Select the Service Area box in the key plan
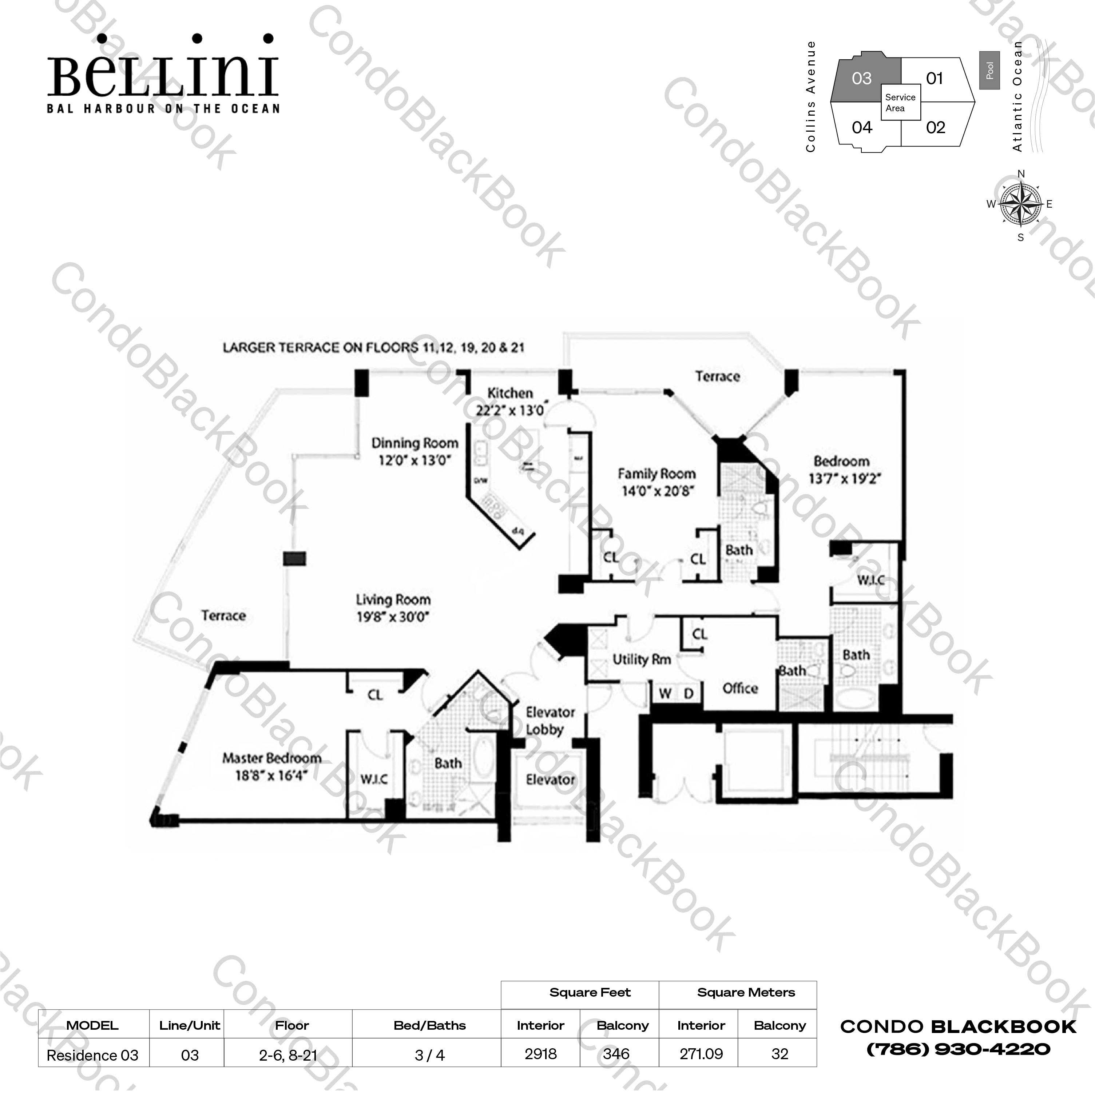(900, 103)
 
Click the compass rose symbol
(1020, 204)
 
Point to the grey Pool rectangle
(989, 70)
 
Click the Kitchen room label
(510, 393)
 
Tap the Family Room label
(656, 474)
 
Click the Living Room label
(393, 599)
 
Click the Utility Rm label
(642, 659)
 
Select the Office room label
(740, 689)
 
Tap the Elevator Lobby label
(550, 721)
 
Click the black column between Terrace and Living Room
(294, 559)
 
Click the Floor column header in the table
(292, 1026)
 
